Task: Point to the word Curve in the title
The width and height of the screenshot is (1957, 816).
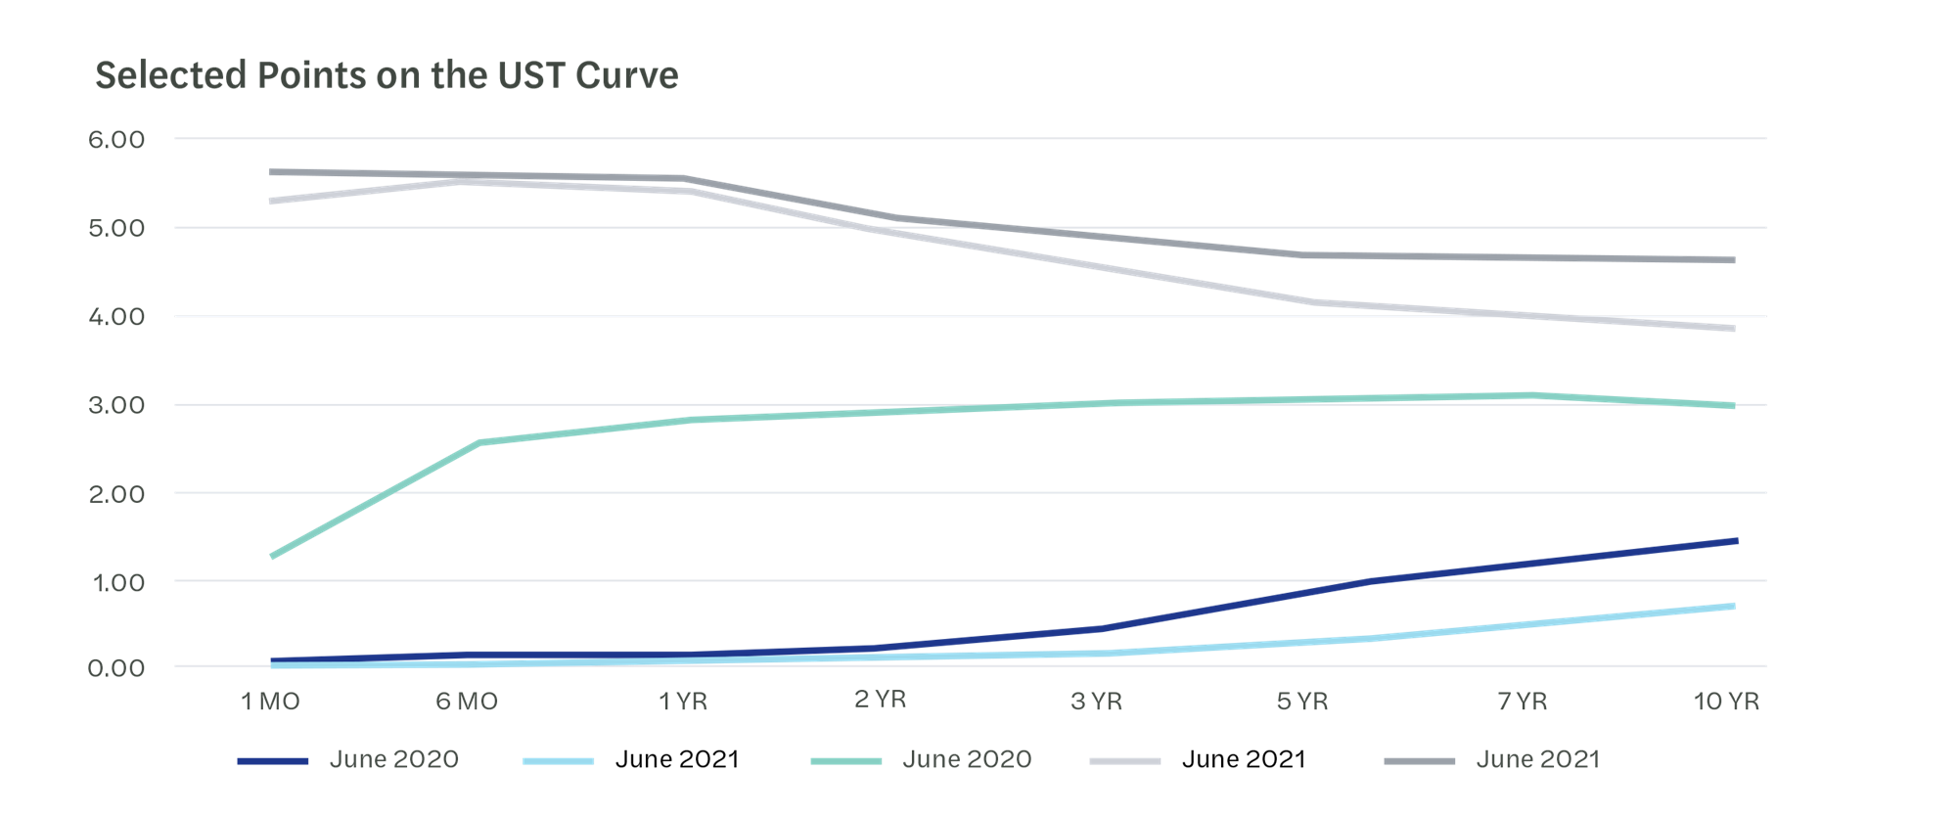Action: (x=627, y=76)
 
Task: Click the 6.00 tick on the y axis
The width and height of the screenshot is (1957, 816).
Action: (x=116, y=140)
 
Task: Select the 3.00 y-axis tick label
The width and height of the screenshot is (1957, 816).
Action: (x=116, y=405)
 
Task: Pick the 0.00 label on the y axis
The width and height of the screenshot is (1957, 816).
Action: (x=116, y=668)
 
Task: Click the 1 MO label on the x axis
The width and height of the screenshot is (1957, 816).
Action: (x=270, y=702)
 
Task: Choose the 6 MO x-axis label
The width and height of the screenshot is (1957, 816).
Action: (x=467, y=702)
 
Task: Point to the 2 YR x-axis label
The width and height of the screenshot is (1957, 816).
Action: (x=880, y=700)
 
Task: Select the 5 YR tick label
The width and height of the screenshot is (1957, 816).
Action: (x=1302, y=702)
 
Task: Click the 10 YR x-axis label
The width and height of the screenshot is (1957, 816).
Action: (x=1726, y=702)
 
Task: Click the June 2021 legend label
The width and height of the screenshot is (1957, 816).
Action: (x=1537, y=759)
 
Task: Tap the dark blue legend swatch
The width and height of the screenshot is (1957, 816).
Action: (x=273, y=761)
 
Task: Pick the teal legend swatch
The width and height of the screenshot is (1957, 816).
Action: (x=846, y=761)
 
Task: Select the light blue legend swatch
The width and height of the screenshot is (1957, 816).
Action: (x=559, y=761)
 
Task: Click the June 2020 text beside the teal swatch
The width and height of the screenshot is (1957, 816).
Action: (x=967, y=759)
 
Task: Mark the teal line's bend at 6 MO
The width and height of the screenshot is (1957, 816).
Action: (x=479, y=442)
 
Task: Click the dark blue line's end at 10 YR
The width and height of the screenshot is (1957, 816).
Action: (x=1736, y=540)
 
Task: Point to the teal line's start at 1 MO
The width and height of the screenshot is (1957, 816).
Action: (x=271, y=557)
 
